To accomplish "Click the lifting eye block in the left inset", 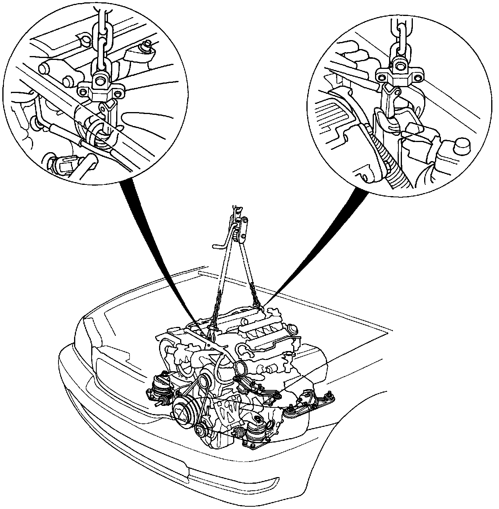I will point(101,88).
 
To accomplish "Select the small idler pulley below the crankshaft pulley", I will point(201,430).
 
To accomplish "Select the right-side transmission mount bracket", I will point(308,401).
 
